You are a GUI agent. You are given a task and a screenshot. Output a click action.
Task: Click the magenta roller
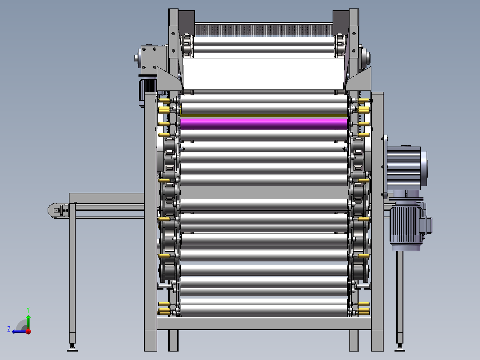[264, 124]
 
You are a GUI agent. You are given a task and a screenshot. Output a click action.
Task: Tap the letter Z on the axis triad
[9, 329]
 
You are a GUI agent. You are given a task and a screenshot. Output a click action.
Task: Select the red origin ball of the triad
[28, 331]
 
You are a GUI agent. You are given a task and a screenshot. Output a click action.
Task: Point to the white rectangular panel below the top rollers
[264, 74]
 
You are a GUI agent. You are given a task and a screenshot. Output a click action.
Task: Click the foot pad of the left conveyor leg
[72, 348]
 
